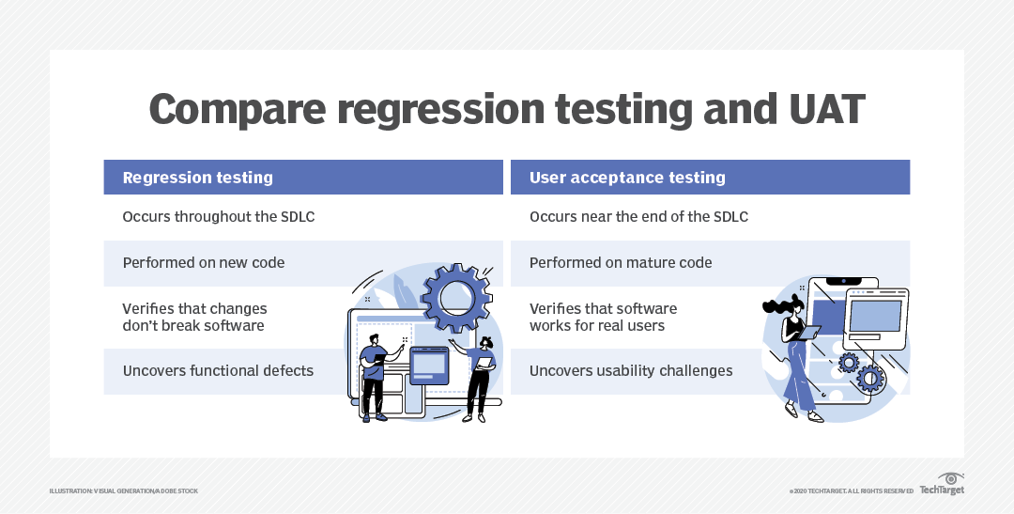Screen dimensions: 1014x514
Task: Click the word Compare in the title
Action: (238, 110)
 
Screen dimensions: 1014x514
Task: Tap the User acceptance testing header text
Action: (627, 178)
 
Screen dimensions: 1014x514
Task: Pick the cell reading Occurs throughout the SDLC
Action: (219, 216)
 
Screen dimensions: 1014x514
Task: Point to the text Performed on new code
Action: (204, 263)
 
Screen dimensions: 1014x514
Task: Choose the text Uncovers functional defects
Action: (218, 371)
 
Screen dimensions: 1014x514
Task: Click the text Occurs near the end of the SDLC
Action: (639, 216)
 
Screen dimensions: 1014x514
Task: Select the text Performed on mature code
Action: (621, 263)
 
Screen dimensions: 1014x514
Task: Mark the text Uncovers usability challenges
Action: (631, 371)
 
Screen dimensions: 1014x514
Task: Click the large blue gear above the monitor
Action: (456, 299)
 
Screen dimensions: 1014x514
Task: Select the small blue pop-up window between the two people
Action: (429, 366)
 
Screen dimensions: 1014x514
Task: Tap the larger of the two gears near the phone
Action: (869, 378)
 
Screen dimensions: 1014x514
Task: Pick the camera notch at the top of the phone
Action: (843, 282)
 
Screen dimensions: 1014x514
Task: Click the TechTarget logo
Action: (943, 484)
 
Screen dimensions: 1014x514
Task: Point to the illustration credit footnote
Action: (124, 491)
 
